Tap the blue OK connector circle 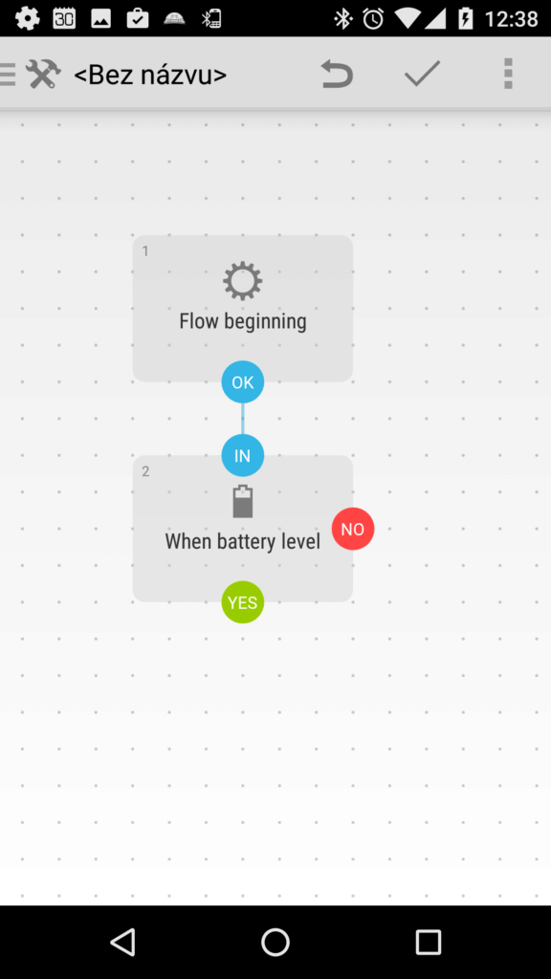click(242, 381)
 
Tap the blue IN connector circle click(242, 455)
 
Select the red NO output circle click(353, 529)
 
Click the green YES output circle click(242, 602)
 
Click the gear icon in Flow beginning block click(242, 281)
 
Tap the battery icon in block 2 click(242, 501)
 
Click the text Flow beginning click(242, 321)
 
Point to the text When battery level click(242, 541)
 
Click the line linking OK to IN click(242, 419)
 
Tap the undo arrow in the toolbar click(337, 74)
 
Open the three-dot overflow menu click(508, 74)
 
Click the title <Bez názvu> click(150, 75)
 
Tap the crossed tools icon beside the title click(43, 74)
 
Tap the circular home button click(275, 942)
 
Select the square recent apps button click(429, 942)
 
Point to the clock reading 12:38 click(511, 19)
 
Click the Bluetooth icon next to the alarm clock click(343, 19)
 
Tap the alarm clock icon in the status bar click(374, 19)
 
